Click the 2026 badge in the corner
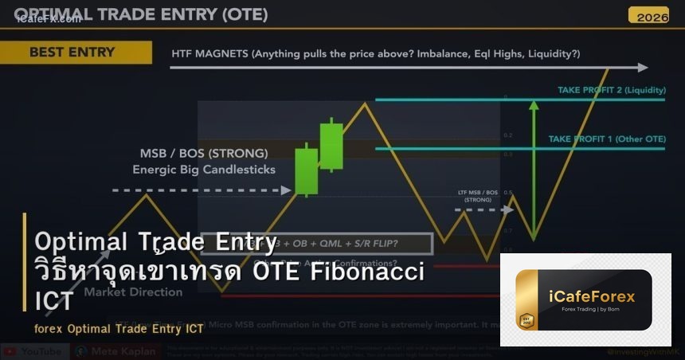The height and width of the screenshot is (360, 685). [x=648, y=15]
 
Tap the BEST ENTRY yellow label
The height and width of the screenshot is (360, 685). [x=72, y=53]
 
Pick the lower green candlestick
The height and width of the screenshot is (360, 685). [x=306, y=170]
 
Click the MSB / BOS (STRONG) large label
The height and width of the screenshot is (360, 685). [x=203, y=153]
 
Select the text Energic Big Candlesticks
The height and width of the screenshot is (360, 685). [x=203, y=169]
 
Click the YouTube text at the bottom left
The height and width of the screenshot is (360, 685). [x=41, y=351]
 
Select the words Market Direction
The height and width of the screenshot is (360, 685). [x=133, y=292]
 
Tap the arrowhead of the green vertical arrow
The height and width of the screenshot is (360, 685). [x=534, y=103]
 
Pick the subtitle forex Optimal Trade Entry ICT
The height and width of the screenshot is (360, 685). [x=119, y=328]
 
